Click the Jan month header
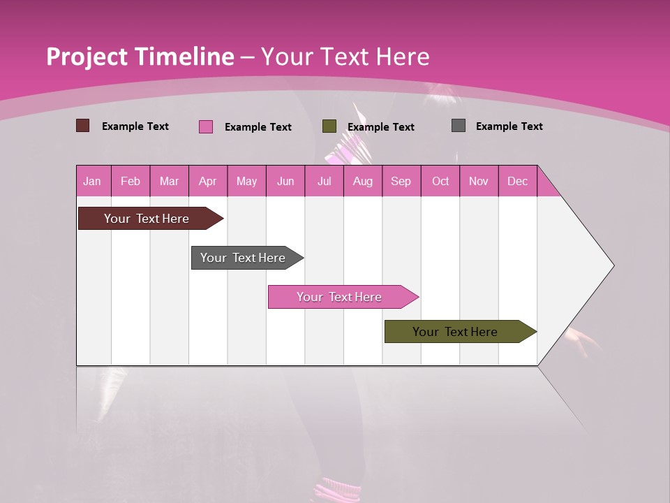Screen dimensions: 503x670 click(92, 181)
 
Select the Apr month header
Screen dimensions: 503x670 click(208, 181)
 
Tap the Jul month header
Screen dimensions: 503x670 click(324, 181)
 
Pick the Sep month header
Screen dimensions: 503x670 click(401, 181)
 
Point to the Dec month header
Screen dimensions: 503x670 click(517, 181)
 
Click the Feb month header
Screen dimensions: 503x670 click(131, 181)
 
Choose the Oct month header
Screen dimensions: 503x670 click(440, 181)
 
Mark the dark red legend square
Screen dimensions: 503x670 click(82, 126)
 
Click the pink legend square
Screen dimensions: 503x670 click(205, 126)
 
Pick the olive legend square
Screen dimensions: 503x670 click(329, 126)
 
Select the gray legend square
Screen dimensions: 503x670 click(459, 126)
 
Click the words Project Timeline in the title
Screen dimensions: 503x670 click(140, 57)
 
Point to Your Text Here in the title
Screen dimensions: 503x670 click(345, 57)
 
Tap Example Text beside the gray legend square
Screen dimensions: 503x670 click(509, 126)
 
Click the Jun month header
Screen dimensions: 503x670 click(285, 181)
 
